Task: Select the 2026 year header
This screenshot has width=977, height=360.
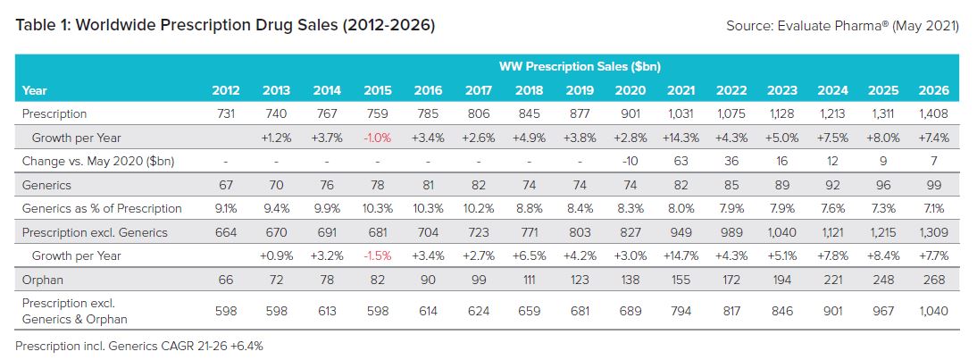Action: (x=932, y=90)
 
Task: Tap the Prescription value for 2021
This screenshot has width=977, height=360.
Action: (x=680, y=113)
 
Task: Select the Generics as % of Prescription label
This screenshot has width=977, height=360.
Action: (x=101, y=208)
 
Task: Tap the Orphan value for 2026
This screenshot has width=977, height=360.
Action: (x=932, y=280)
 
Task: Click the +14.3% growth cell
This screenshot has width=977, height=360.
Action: (x=680, y=138)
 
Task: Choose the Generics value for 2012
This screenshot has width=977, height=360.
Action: (x=225, y=185)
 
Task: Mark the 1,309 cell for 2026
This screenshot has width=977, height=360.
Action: (x=932, y=232)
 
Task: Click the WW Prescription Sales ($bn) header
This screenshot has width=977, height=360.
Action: (x=580, y=66)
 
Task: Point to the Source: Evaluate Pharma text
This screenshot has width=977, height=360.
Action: (x=843, y=26)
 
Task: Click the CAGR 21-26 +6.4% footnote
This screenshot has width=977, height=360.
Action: (x=139, y=345)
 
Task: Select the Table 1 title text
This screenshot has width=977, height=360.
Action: (x=225, y=25)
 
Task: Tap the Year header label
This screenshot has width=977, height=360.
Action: (x=35, y=90)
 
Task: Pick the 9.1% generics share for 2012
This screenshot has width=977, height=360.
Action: (x=225, y=208)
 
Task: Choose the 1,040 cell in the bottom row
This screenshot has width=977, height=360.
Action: (x=932, y=310)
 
